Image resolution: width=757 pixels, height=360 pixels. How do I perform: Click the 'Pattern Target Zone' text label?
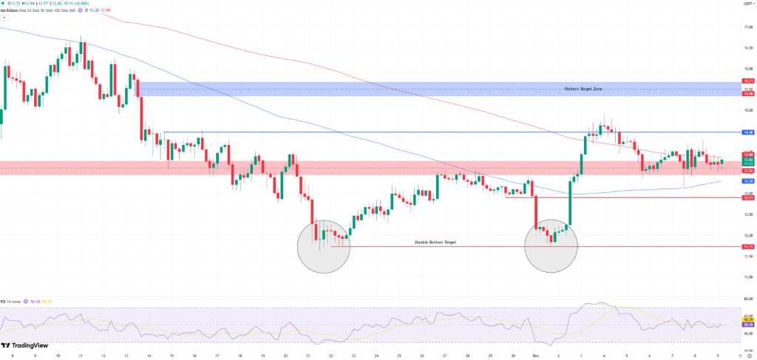(583, 88)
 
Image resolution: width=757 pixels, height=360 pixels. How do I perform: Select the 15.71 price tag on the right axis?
(748, 81)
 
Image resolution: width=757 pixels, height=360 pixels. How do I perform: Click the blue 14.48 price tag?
(748, 132)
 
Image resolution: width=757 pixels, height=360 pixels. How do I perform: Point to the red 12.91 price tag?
(748, 197)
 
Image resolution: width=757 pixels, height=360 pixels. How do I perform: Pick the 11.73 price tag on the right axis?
(748, 246)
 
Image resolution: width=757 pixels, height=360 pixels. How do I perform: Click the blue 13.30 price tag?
(748, 181)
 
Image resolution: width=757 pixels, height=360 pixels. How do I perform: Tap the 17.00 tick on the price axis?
(748, 27)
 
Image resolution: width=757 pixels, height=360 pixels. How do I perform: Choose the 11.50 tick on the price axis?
(748, 257)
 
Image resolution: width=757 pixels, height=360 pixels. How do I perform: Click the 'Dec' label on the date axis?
(535, 355)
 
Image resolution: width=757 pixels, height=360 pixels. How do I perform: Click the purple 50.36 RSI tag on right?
(748, 325)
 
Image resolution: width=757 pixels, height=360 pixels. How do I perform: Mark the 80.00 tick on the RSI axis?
(748, 299)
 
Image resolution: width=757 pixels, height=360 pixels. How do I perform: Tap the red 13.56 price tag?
(748, 170)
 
